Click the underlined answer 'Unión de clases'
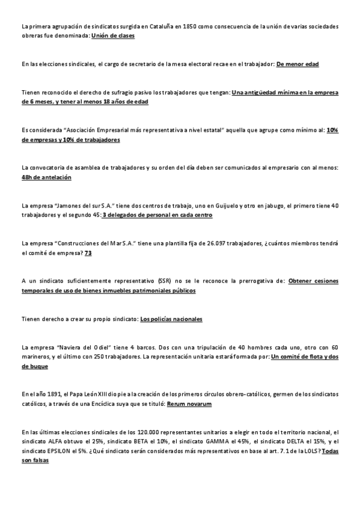tap(113, 36)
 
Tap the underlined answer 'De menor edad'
tap(297, 64)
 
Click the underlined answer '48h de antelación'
tap(46, 177)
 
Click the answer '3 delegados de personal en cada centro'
tap(158, 215)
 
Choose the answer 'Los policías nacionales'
tap(171, 319)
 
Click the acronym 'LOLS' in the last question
tap(312, 451)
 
